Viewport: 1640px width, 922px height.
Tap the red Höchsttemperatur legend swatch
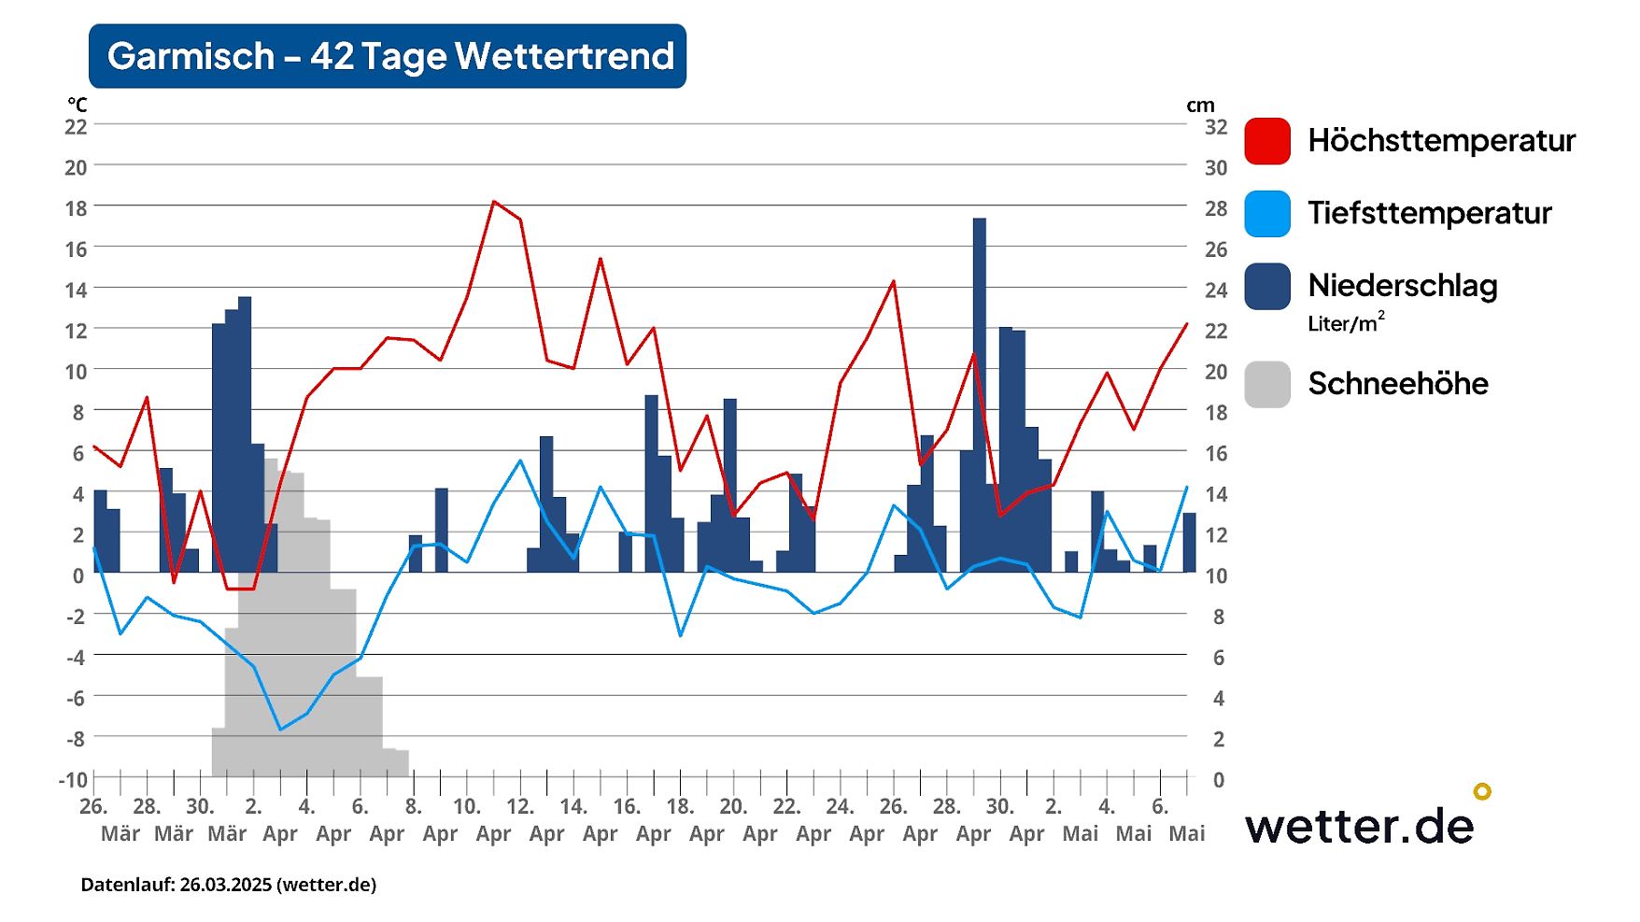[x=1267, y=141]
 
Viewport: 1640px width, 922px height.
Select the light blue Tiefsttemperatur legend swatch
[x=1267, y=213]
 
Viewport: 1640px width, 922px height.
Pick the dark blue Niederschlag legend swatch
[x=1267, y=286]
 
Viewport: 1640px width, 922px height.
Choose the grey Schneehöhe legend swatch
[x=1267, y=384]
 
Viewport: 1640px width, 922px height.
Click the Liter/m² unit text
[x=1345, y=323]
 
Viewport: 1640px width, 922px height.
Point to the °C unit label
[x=77, y=105]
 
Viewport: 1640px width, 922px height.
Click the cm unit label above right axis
[x=1200, y=106]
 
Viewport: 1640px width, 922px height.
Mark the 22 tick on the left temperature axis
[x=76, y=126]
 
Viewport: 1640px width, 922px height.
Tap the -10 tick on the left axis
[x=73, y=779]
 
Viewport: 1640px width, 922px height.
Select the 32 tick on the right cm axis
[x=1215, y=126]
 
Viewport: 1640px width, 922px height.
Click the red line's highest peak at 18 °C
[x=494, y=201]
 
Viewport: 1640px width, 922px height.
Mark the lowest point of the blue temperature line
[x=280, y=729]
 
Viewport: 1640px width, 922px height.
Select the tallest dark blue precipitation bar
[x=980, y=392]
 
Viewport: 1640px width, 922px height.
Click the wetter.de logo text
[x=1359, y=826]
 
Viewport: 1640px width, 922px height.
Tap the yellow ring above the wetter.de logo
[x=1482, y=791]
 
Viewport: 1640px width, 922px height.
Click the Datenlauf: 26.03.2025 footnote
[x=229, y=885]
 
